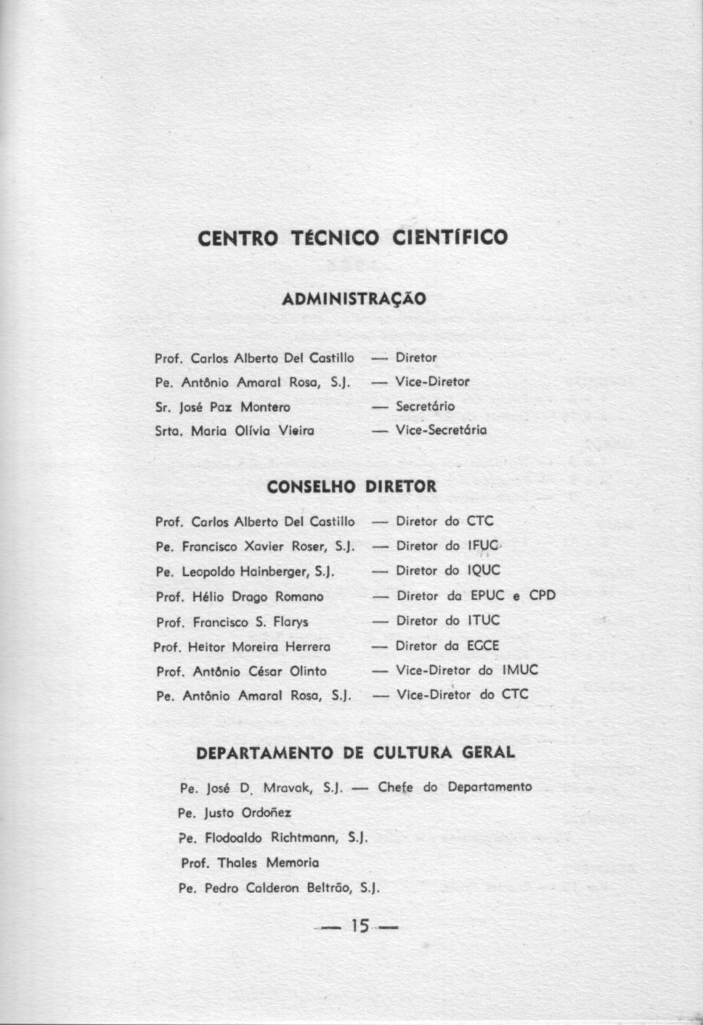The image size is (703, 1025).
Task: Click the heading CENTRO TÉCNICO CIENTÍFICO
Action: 353,238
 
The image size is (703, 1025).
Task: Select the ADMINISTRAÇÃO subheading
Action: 354,299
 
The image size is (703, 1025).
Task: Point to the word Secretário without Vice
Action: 425,406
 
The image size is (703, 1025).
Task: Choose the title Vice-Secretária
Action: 441,430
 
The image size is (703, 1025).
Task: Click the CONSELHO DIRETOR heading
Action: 352,487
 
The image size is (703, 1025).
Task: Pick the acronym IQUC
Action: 483,571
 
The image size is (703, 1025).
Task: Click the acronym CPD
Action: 542,596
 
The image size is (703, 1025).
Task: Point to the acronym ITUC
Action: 483,621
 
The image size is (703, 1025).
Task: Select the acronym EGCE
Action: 483,646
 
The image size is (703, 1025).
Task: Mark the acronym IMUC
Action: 520,670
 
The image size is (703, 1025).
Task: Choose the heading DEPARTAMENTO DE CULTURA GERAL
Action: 356,753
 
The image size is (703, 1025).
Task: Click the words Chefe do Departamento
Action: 455,787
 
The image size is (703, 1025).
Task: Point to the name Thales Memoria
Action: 268,863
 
